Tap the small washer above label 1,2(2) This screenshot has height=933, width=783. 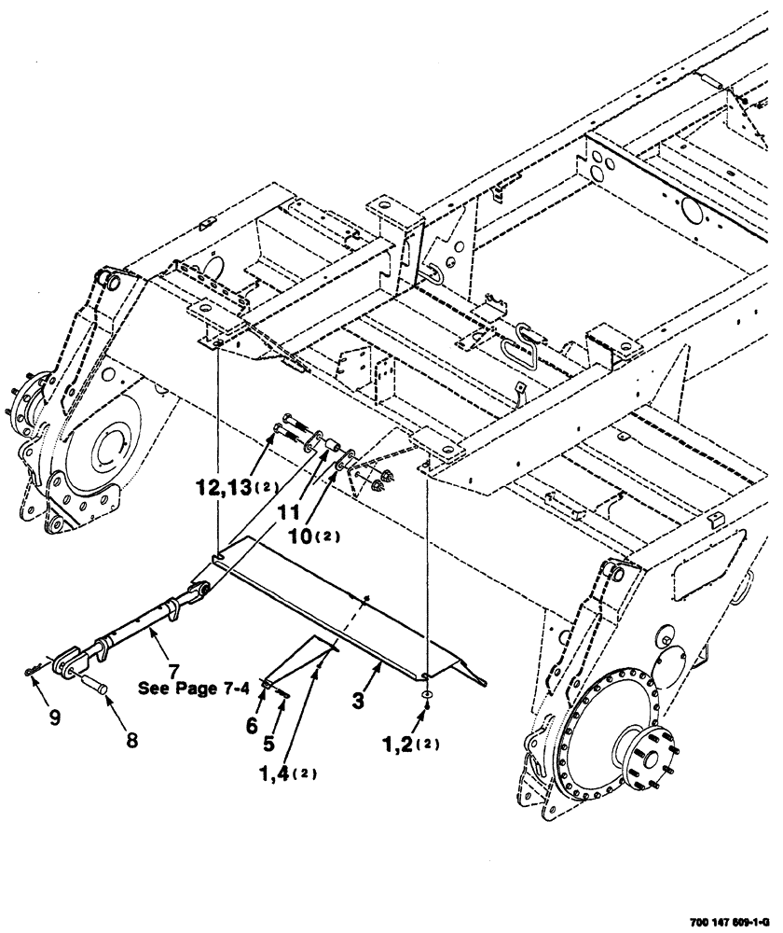coord(426,695)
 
